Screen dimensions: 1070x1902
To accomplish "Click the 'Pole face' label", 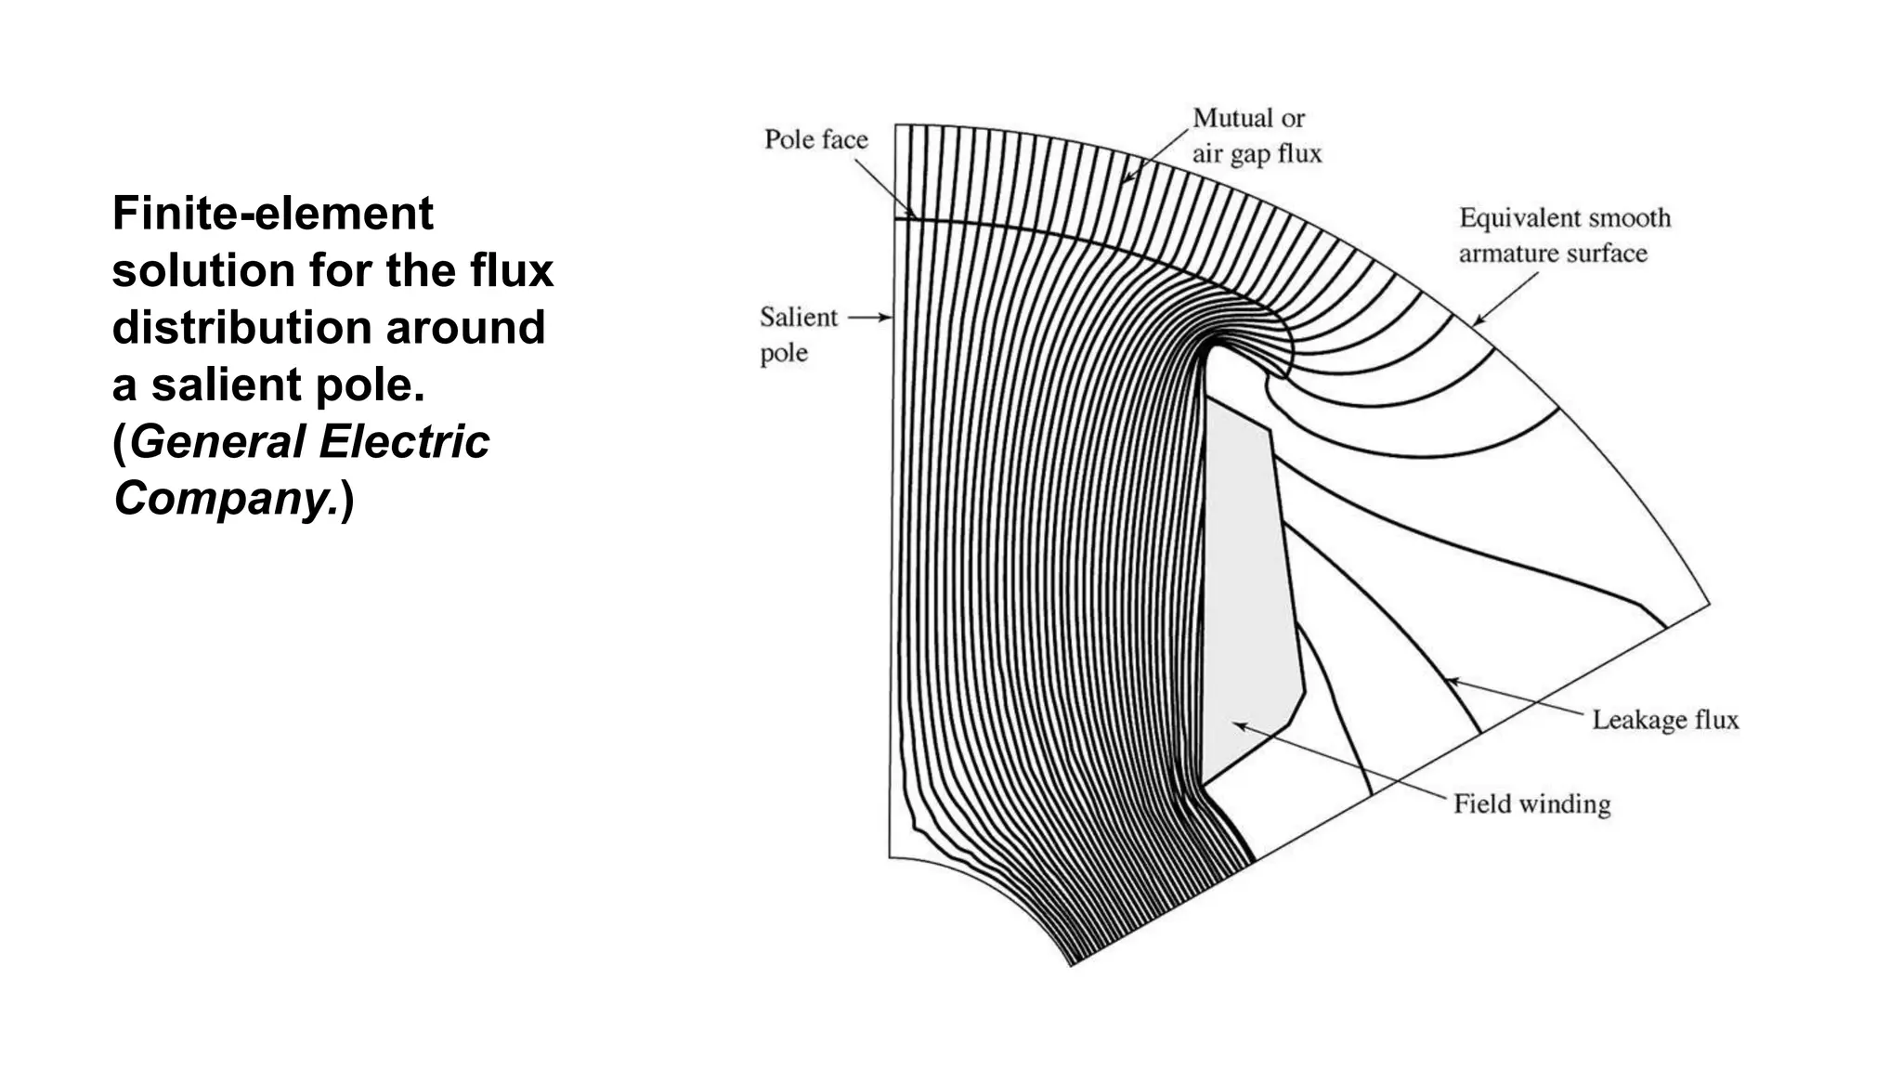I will tap(815, 139).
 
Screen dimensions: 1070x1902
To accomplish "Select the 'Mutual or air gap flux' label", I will tap(1256, 136).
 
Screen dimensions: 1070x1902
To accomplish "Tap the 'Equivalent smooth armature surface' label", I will tap(1564, 235).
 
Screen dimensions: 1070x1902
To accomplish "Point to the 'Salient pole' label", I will tap(797, 334).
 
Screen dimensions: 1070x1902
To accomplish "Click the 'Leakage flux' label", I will tap(1664, 720).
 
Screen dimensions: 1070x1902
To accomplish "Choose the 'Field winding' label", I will tap(1531, 803).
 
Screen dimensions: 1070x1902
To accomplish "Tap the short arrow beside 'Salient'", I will tap(870, 318).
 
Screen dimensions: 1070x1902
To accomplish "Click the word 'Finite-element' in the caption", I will tap(272, 214).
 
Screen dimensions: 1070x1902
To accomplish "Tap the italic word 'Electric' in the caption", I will tap(403, 441).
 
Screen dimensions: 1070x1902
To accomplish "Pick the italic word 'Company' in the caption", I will tap(223, 498).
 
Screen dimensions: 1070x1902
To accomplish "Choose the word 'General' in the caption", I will tap(217, 441).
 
